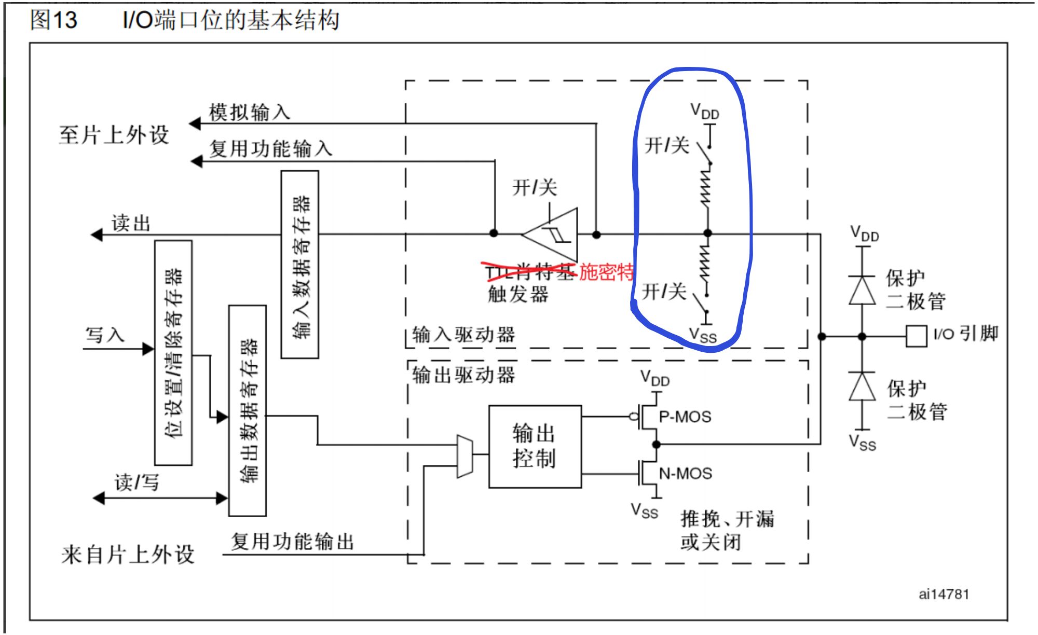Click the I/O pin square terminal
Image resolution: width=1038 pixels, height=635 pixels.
pos(916,336)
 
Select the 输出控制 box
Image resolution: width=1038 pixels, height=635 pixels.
pos(535,446)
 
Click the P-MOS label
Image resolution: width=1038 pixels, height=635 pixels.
pos(685,417)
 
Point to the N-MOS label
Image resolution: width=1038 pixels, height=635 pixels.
pos(685,473)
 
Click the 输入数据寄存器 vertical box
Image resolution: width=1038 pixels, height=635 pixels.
pos(299,265)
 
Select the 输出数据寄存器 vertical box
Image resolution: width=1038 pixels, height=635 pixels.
pos(248,410)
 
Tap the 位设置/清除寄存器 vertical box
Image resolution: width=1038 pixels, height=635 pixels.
pos(173,353)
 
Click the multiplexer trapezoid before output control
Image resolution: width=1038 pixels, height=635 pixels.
pos(465,455)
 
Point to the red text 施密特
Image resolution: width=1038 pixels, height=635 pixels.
pos(606,271)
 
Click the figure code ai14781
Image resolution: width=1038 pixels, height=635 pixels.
pos(944,594)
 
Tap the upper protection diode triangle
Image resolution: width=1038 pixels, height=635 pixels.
pos(862,290)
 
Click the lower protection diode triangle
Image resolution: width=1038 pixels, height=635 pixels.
pos(862,386)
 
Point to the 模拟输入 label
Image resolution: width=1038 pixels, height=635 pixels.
pos(250,112)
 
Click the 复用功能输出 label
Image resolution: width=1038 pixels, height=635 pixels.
pos(292,542)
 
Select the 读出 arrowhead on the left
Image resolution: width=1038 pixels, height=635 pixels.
pos(97,235)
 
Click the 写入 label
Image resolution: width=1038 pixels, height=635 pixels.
pos(105,335)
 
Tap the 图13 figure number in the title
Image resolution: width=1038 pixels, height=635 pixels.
pos(54,20)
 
